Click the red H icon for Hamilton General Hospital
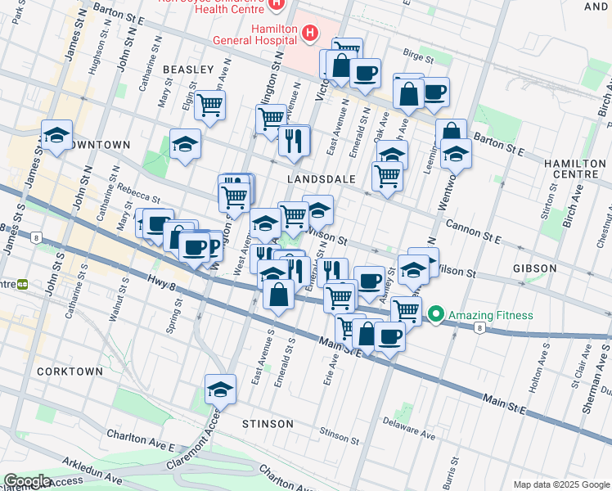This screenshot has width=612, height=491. pos(309,33)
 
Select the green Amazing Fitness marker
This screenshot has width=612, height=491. pos(436,315)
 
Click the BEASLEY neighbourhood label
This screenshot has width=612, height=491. pos(188,70)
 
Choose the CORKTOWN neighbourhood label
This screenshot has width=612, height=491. pos(70,372)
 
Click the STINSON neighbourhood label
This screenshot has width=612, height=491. pos(268,424)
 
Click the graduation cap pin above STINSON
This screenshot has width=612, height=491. pos(220,390)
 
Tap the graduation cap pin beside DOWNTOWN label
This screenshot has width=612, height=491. pos(56,136)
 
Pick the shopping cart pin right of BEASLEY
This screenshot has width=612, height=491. pos(210,105)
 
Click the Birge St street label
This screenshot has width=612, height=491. pos(417,57)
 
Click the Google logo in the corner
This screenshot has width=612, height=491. pos(27,482)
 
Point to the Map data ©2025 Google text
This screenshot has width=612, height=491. pos(560,484)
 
